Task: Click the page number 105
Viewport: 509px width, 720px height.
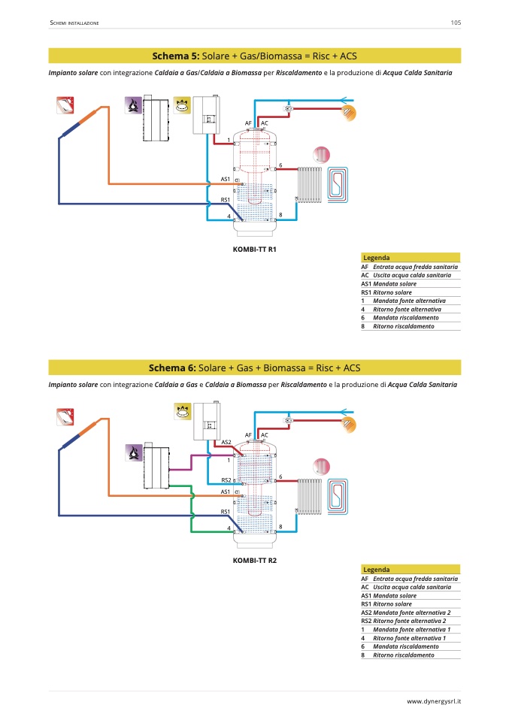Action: pyautogui.click(x=455, y=23)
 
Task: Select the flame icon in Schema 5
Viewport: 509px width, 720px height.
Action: pyautogui.click(x=133, y=106)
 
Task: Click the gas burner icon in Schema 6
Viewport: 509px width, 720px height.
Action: pyautogui.click(x=182, y=411)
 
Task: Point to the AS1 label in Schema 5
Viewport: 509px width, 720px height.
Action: pyautogui.click(x=225, y=179)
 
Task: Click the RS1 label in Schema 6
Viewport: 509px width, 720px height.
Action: pyautogui.click(x=225, y=511)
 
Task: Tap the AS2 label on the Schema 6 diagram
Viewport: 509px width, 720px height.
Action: pyautogui.click(x=226, y=442)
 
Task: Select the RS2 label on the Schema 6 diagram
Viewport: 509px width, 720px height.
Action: pyautogui.click(x=226, y=480)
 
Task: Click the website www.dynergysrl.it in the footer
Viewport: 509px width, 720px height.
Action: pyautogui.click(x=434, y=701)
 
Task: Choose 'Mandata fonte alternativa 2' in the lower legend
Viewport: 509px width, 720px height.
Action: pyautogui.click(x=411, y=613)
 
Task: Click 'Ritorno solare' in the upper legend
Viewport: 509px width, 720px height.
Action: pyautogui.click(x=392, y=292)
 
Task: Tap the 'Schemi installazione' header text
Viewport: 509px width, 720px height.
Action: pyautogui.click(x=74, y=23)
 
